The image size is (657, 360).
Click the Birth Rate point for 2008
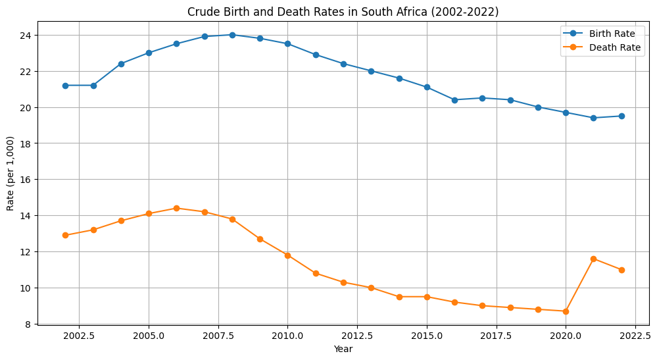pos(232,35)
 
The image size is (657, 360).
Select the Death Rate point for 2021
pos(593,259)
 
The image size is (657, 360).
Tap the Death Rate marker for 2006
pos(176,208)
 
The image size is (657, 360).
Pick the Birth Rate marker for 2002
pos(65,86)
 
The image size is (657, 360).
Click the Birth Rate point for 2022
pos(621,116)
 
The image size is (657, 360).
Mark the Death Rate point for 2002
pos(65,235)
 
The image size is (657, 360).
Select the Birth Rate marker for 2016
pos(454,100)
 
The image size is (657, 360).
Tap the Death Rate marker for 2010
pos(287,255)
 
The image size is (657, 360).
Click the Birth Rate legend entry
pos(601,33)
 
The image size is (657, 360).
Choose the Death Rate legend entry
pos(601,47)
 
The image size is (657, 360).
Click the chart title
pos(343,12)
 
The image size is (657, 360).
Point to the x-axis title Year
pos(343,349)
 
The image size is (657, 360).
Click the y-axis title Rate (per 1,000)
pos(11,174)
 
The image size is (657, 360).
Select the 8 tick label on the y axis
pos(29,324)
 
